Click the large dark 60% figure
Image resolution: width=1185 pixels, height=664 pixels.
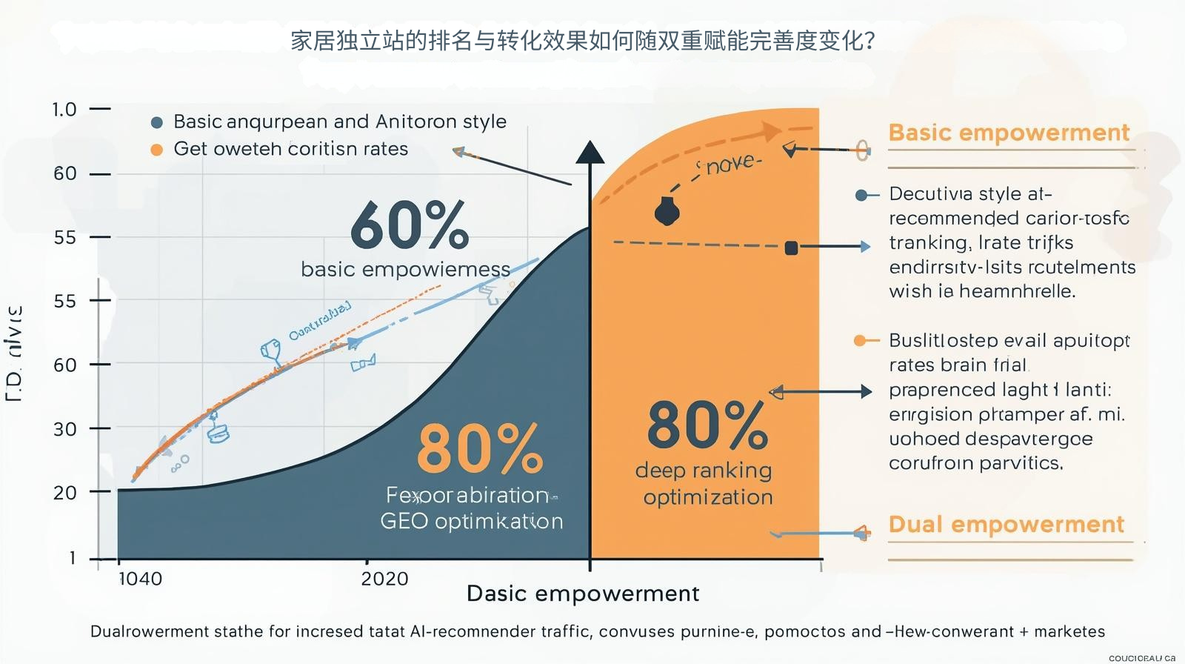click(x=410, y=225)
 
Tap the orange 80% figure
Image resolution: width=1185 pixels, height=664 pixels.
click(x=480, y=448)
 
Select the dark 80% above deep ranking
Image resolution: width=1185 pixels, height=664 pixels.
click(x=707, y=425)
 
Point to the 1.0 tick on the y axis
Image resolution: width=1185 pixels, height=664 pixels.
click(x=64, y=110)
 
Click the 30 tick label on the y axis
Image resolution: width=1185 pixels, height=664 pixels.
click(x=65, y=429)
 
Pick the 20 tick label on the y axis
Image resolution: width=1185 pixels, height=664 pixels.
click(x=65, y=493)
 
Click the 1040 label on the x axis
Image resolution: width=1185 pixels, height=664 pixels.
click(x=140, y=579)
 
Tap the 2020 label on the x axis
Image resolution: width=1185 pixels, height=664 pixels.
click(x=384, y=579)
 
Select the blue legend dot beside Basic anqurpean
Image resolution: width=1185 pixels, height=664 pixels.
click(x=156, y=122)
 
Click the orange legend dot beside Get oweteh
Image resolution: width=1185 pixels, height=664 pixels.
click(x=156, y=150)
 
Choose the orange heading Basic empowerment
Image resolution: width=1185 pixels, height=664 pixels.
click(x=1009, y=133)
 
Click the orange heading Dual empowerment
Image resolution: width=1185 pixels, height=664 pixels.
click(x=1006, y=525)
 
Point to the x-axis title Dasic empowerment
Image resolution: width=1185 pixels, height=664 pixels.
click(x=583, y=594)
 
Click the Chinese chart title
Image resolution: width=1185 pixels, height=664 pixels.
click(x=583, y=40)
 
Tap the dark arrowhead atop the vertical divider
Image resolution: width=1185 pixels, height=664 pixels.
click(x=590, y=153)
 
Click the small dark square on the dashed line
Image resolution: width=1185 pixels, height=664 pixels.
click(x=791, y=248)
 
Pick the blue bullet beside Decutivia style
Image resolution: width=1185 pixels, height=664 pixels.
click(x=861, y=196)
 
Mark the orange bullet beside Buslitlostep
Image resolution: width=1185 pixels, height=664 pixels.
click(x=861, y=341)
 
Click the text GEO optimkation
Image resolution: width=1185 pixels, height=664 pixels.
click(x=472, y=521)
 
